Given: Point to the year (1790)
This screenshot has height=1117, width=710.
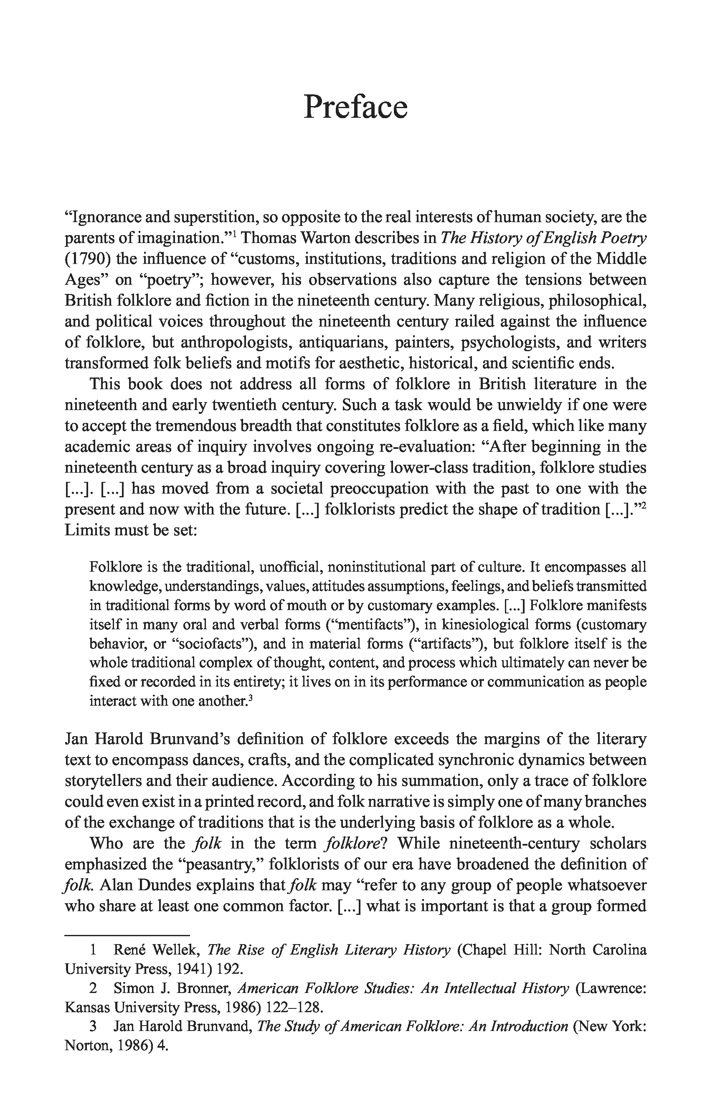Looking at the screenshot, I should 87,259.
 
